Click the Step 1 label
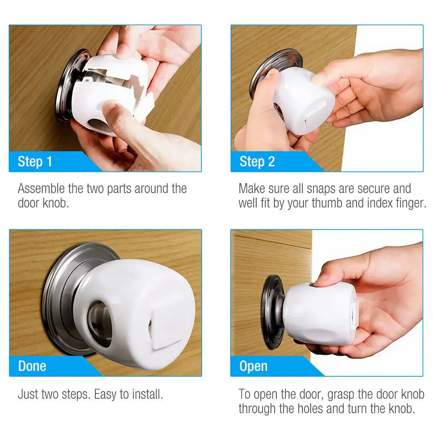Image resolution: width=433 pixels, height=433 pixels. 35,162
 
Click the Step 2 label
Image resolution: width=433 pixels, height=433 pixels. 257,162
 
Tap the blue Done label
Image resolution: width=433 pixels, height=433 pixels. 32,366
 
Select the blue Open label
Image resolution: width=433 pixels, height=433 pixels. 253,366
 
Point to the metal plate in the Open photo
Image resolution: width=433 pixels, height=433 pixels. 271,312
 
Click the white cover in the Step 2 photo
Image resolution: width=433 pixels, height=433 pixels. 303,97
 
